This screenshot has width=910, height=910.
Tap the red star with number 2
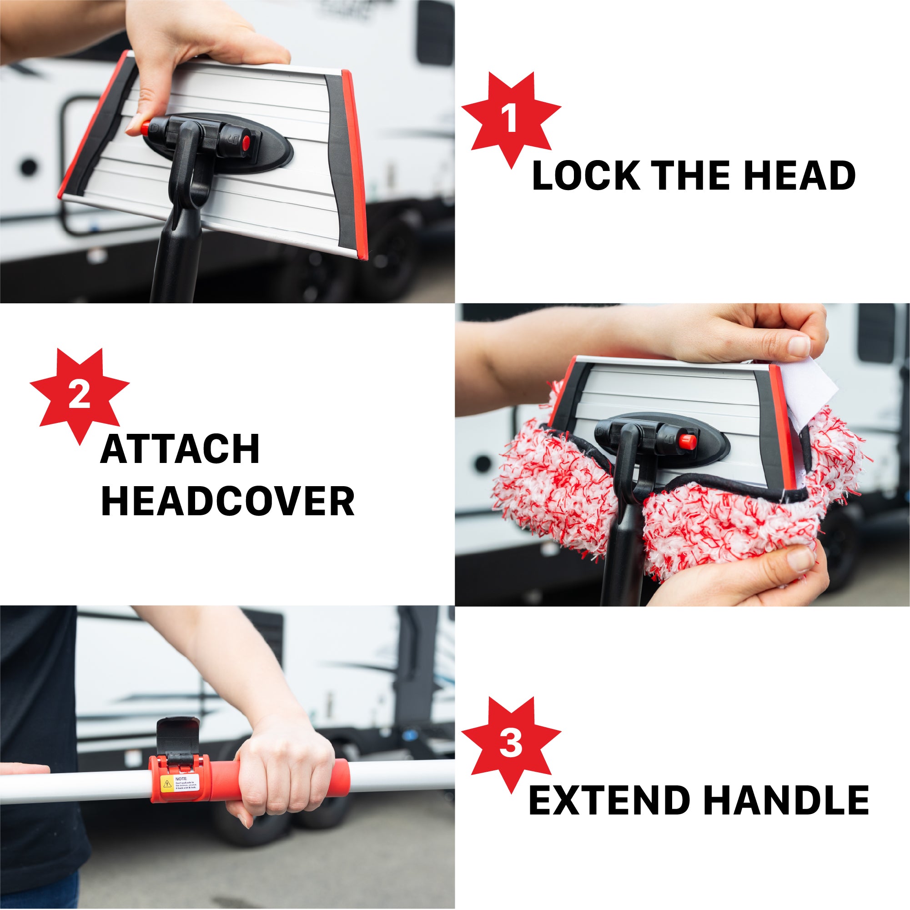coord(79,396)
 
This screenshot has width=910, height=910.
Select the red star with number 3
coord(511,744)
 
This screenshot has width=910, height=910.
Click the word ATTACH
coord(180,449)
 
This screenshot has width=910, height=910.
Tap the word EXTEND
coord(609,800)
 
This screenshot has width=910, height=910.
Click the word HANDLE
coord(786,800)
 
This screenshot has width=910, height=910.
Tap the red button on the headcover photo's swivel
coord(687,441)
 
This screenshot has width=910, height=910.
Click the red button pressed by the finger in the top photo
coord(145,127)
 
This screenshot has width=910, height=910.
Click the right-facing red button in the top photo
coord(245,143)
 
